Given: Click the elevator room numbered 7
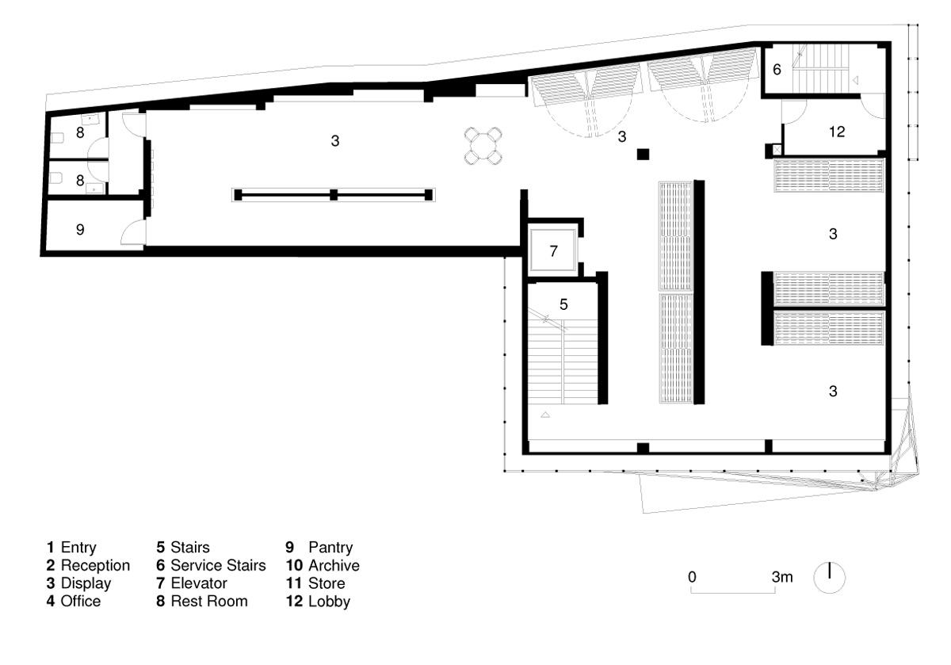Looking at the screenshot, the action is [x=553, y=250].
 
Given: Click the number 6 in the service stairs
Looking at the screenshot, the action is [x=777, y=69].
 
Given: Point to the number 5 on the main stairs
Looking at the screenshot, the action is [x=563, y=304].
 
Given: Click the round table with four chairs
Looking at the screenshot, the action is [x=483, y=146].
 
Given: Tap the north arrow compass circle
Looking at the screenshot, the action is [x=829, y=578].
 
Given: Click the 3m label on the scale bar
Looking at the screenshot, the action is [x=782, y=577].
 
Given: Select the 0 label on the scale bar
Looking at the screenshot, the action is [x=692, y=577].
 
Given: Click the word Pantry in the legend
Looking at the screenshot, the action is [x=330, y=547].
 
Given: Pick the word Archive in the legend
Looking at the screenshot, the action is [x=334, y=565].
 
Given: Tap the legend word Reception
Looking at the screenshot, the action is [x=95, y=565].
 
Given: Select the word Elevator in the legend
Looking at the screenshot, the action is [x=199, y=583].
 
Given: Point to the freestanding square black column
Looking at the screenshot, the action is [x=643, y=154].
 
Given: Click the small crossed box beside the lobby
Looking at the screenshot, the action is [x=777, y=150].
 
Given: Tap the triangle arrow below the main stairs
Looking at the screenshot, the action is [x=545, y=415].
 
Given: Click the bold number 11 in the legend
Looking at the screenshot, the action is [x=294, y=583].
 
